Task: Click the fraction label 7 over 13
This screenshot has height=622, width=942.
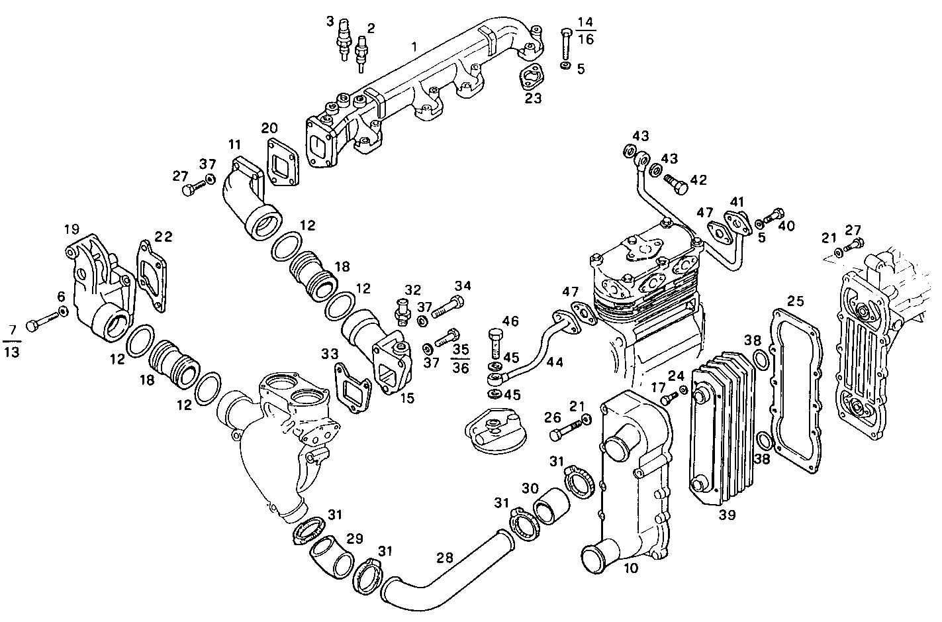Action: tap(11, 340)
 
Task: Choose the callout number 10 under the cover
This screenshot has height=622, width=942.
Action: tap(631, 568)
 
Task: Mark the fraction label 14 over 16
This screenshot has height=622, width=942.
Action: tap(585, 30)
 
